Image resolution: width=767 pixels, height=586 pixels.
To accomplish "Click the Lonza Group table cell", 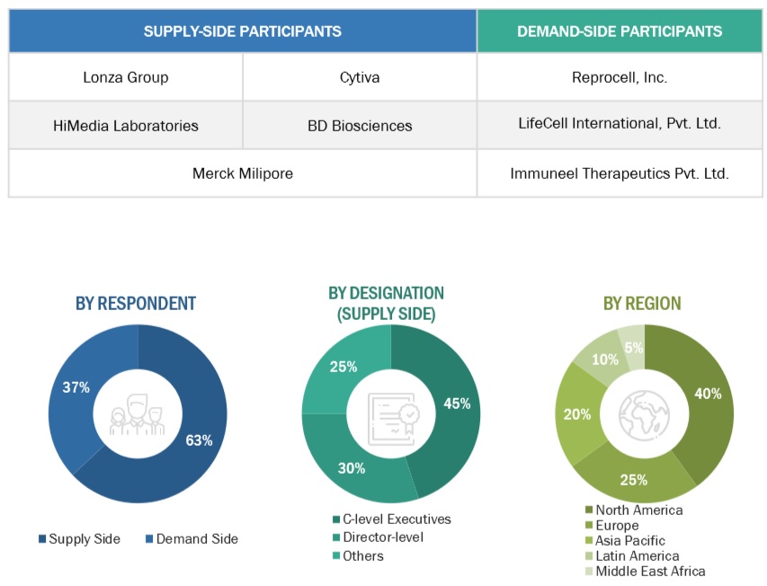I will point(125,77).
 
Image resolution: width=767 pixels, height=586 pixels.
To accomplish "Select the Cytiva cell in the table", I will point(359,77).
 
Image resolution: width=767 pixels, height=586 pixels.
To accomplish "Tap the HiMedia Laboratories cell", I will point(125,125).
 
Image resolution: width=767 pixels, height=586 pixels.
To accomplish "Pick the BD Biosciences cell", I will point(359,125).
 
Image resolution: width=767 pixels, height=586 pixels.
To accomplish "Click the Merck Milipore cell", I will point(242,173).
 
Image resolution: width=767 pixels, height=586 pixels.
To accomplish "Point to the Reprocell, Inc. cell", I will point(620,77).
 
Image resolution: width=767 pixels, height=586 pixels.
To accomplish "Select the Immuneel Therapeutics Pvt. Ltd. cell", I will point(620,173).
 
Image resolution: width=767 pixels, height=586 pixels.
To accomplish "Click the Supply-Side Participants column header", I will point(242,31).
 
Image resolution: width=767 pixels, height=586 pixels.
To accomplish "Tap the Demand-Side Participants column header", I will point(620,31).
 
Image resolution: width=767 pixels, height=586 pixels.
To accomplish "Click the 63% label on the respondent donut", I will point(199,439).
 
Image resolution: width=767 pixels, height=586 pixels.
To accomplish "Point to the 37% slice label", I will point(76,387).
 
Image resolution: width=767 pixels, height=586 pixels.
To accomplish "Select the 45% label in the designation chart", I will point(457,404).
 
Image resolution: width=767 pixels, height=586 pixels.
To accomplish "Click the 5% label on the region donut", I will point(633,349).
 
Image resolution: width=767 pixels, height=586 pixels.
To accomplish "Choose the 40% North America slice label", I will point(708,393).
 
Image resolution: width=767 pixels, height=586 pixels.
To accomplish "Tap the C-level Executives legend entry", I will point(391,519).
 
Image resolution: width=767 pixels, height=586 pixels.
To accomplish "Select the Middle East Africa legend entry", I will point(650,571).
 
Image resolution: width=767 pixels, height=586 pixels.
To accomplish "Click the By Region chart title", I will point(642,304).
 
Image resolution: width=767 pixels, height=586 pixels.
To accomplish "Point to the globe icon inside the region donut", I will point(645,414).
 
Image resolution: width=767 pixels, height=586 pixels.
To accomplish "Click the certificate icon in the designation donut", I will point(390,414).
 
